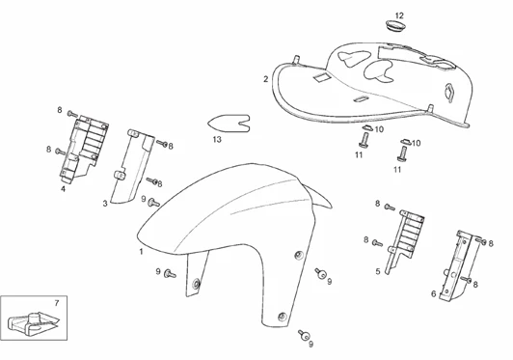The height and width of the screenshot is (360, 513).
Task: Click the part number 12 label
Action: point(399,15)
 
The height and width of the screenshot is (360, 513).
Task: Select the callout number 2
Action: point(266,79)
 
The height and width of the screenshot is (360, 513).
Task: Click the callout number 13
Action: point(217,139)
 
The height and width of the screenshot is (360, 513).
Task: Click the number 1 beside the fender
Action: point(142,252)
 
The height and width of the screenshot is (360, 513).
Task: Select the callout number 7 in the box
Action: point(57,303)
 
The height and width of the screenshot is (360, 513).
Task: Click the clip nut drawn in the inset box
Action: point(33,323)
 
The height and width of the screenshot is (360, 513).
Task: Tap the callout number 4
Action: point(63,188)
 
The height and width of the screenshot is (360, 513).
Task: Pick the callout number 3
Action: point(105,204)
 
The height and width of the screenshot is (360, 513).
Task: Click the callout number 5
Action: point(378,271)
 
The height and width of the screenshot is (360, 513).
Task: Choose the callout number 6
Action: point(434,293)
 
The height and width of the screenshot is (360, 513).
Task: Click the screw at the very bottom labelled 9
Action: point(304,335)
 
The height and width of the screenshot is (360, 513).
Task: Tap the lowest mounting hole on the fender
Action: point(282,317)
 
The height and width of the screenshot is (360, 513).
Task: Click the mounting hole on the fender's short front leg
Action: point(197,284)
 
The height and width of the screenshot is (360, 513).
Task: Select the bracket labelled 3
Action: point(131,167)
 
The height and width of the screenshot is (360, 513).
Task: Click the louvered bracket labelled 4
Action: point(84,148)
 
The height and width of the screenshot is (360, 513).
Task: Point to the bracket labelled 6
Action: point(456,265)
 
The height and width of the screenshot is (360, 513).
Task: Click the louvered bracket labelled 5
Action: point(404,240)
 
